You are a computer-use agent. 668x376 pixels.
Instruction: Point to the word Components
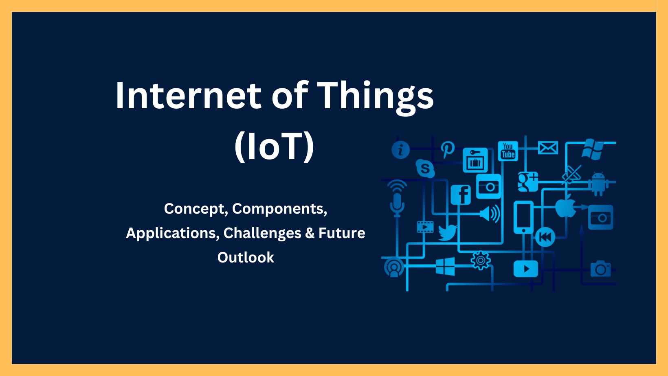click(x=279, y=209)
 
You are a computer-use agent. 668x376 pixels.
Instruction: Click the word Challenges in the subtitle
click(x=262, y=233)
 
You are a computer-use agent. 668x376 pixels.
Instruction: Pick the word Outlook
click(x=246, y=258)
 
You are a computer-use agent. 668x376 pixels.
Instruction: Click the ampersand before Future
click(x=310, y=233)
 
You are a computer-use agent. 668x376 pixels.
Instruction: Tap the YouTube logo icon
click(x=508, y=151)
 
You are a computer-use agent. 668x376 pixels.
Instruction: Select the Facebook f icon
click(x=461, y=195)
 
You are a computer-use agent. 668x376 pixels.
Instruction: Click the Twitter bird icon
click(x=448, y=232)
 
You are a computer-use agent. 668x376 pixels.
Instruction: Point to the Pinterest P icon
click(x=447, y=149)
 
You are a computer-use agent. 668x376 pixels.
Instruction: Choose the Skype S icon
click(x=425, y=168)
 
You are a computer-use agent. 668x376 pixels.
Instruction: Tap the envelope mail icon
click(x=548, y=148)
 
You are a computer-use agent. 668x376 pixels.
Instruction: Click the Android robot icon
click(x=598, y=184)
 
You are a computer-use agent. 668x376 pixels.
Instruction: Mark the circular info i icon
click(x=400, y=150)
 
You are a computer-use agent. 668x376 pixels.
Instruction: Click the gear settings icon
click(x=480, y=260)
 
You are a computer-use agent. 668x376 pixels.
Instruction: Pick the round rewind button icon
click(x=545, y=237)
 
